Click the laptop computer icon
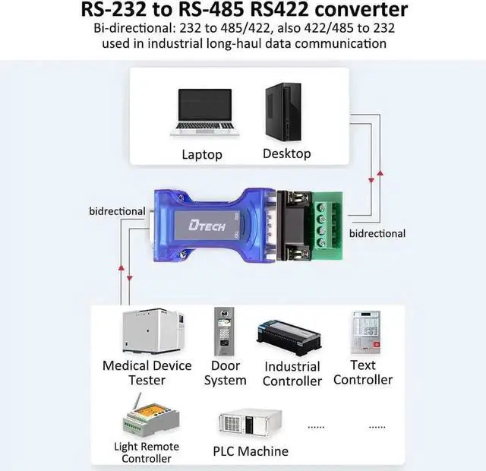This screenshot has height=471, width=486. [202, 112]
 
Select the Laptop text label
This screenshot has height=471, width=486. [202, 154]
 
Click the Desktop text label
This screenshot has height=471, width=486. [286, 153]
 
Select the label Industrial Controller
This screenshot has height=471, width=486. [292, 373]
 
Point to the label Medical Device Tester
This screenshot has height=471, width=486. [147, 372]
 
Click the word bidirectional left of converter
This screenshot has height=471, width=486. [117, 210]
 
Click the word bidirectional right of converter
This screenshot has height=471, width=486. [377, 233]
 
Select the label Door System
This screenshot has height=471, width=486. [226, 372]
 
